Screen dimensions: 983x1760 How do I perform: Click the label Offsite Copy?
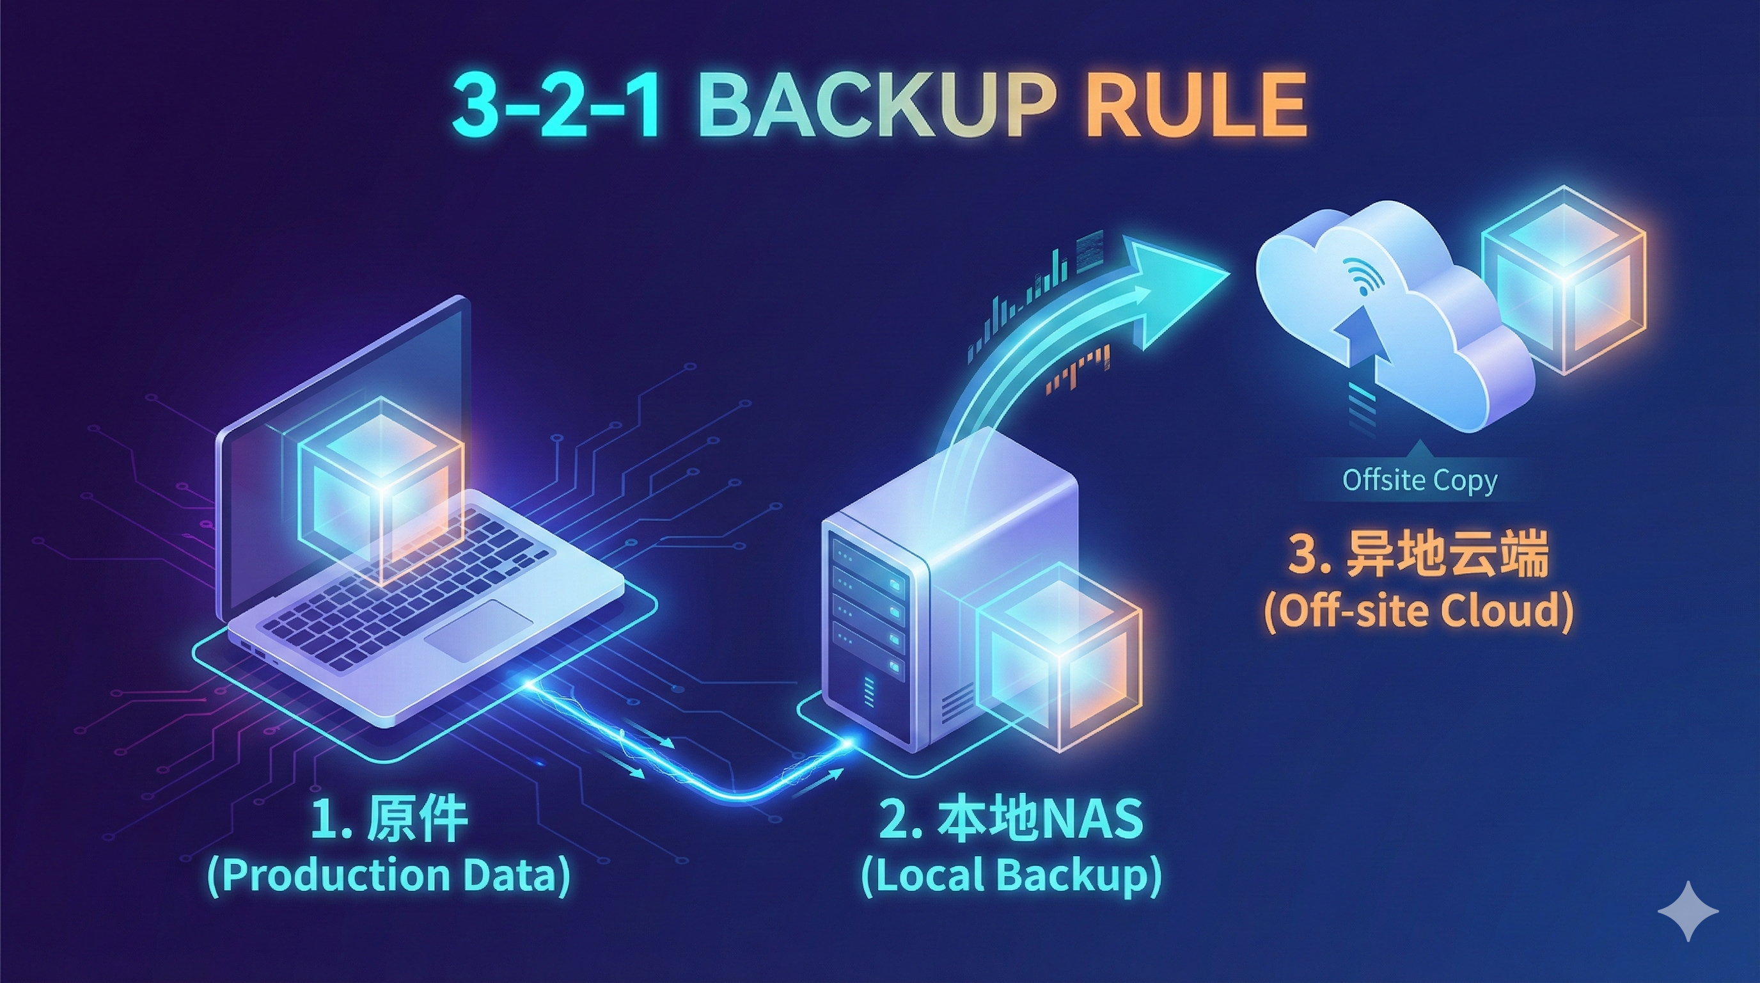[x=1420, y=480]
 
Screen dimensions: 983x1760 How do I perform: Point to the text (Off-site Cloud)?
[x=1418, y=610]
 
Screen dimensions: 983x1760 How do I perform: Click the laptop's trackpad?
[x=478, y=630]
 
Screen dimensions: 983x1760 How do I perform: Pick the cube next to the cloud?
[x=1563, y=280]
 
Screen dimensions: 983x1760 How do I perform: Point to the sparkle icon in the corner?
[x=1688, y=911]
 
